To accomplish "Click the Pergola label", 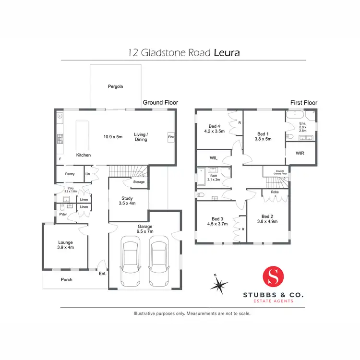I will click(x=115, y=87).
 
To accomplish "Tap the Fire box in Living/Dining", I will click(x=170, y=137).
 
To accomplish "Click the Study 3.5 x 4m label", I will click(x=127, y=201).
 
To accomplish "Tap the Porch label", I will click(x=66, y=279).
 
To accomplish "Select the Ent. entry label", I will click(x=102, y=274).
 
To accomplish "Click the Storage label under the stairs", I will click(x=139, y=182).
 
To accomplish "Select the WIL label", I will click(x=214, y=157).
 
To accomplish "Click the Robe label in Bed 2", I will click(x=275, y=192).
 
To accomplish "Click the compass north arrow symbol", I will click(x=218, y=284).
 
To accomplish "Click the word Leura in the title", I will click(x=226, y=52).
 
